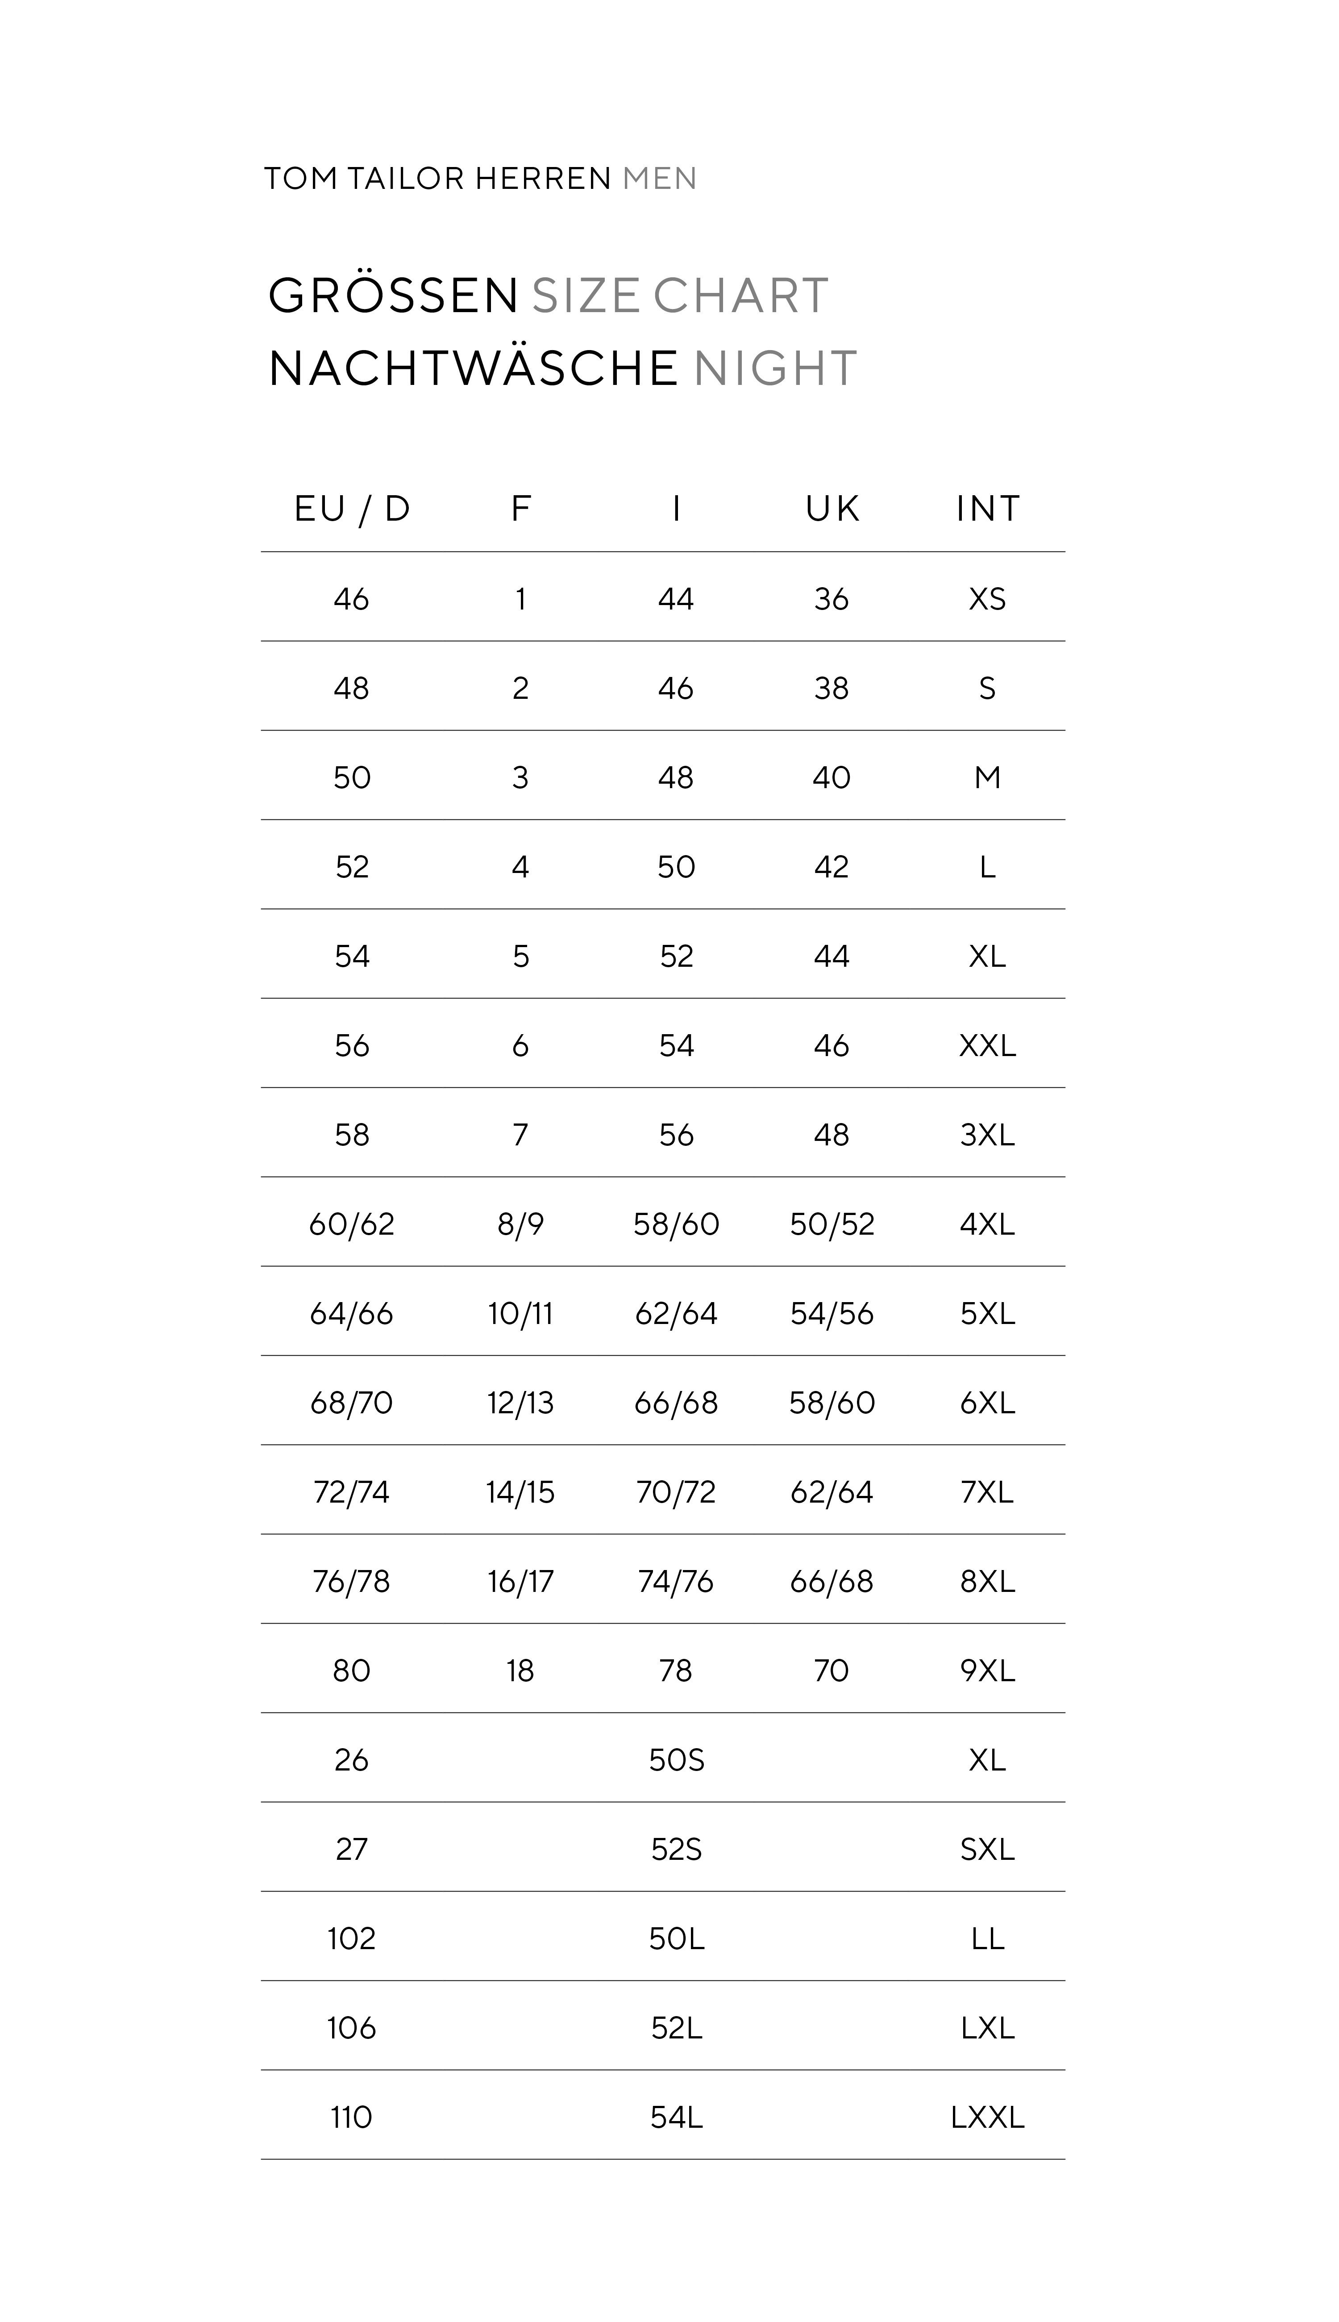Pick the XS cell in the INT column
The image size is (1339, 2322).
pyautogui.click(x=988, y=600)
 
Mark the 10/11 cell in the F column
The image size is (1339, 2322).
pyautogui.click(x=520, y=1314)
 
